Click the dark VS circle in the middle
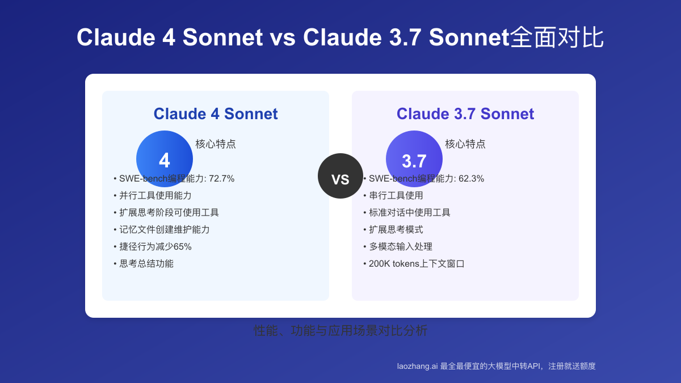340,176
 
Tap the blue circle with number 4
165,159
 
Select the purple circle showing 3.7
414,159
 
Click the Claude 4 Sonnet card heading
216,113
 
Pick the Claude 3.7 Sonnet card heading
465,113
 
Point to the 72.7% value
222,179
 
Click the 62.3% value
472,179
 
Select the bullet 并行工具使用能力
155,196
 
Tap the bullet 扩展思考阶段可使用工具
169,213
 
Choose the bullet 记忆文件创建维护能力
165,230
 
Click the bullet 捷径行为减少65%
155,247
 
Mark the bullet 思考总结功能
146,264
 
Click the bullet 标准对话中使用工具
410,213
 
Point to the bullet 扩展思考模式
396,230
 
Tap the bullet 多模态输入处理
401,247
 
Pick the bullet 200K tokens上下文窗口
417,264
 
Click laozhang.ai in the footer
417,367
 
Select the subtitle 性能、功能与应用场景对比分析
340,330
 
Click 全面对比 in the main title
557,37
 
